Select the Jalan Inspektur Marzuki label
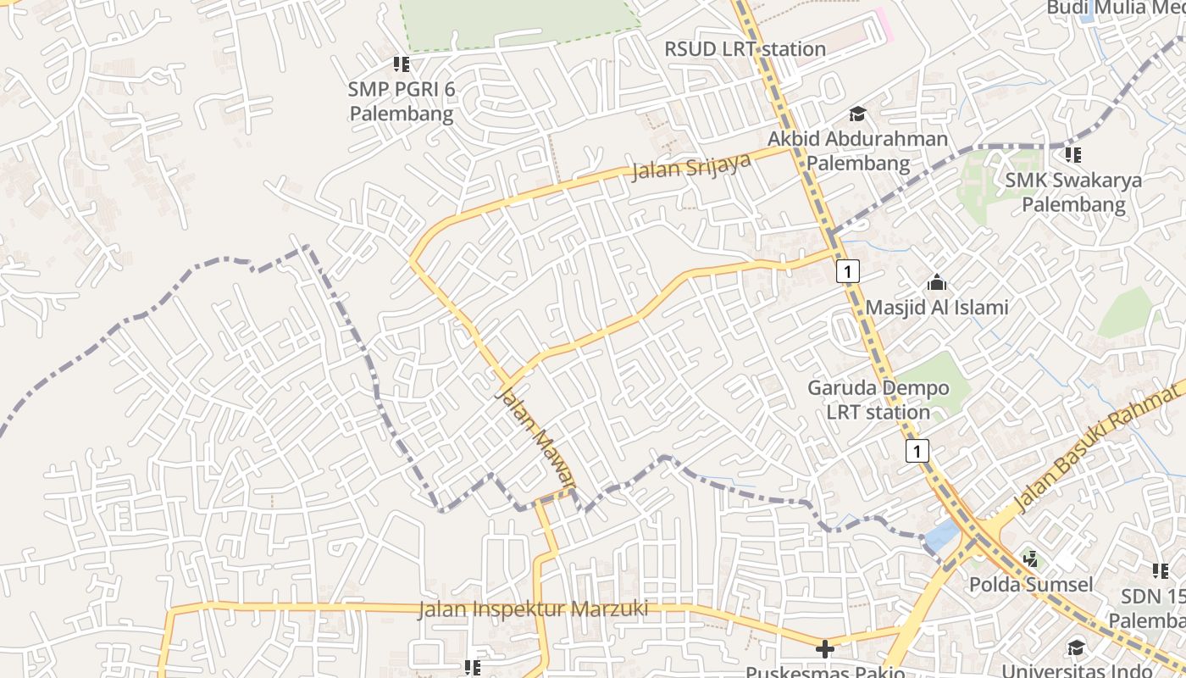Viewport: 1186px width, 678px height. coord(533,609)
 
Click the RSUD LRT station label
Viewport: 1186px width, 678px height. coord(745,49)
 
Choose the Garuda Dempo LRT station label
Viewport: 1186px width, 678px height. coord(878,400)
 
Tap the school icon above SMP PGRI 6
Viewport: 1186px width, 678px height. coord(402,64)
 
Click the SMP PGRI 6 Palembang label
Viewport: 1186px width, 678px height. coord(402,101)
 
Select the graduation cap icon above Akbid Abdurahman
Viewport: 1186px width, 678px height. coord(857,114)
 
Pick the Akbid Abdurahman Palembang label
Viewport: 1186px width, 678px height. coord(857,151)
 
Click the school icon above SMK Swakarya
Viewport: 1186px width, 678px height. coord(1073,154)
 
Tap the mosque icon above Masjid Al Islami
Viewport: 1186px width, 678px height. coord(937,282)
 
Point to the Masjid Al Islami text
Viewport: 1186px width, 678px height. coord(937,307)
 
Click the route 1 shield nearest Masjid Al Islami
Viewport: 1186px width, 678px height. coord(848,271)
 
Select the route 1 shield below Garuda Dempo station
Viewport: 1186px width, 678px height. coord(917,450)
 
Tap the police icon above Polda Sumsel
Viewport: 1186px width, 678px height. coord(1030,559)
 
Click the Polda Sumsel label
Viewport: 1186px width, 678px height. coord(1030,585)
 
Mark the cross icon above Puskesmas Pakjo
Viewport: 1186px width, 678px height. coord(824,649)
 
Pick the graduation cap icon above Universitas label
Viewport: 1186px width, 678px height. coord(1075,648)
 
